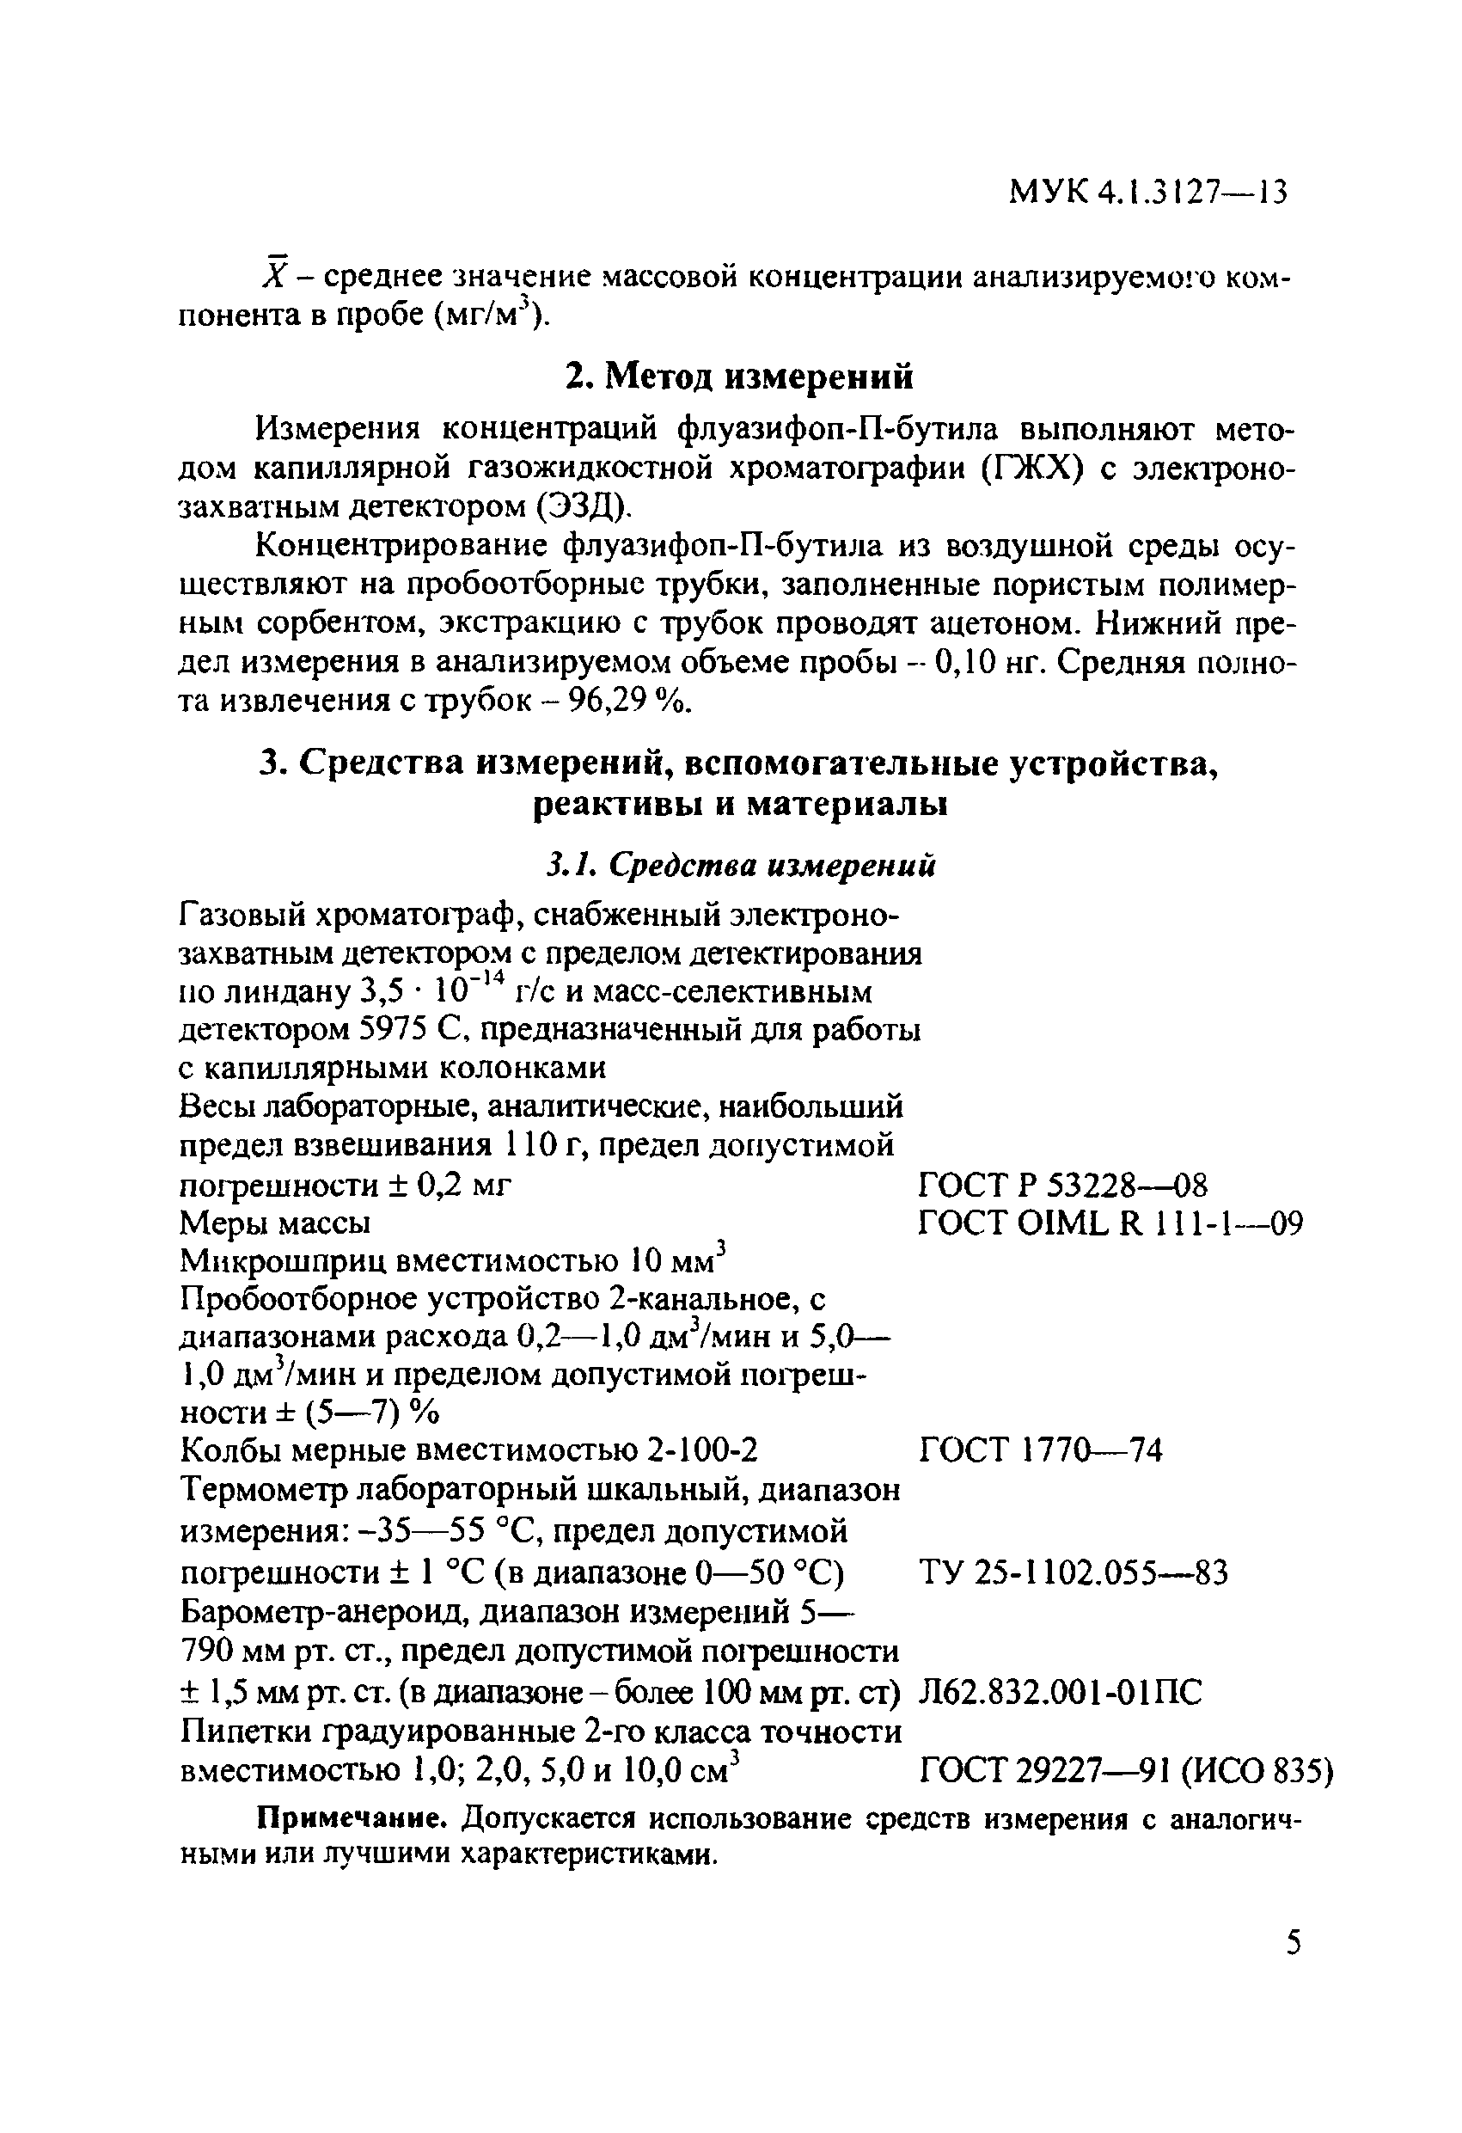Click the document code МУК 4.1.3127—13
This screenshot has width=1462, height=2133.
(x=1148, y=192)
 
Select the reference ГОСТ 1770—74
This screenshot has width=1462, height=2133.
(x=1040, y=1450)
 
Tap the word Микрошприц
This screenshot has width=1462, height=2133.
(x=283, y=1261)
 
